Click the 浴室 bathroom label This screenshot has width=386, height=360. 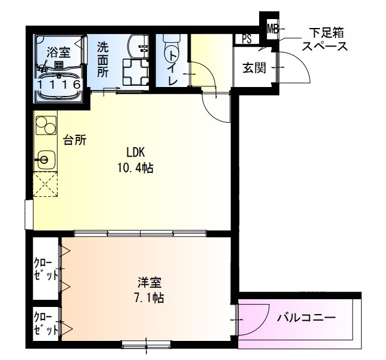pyautogui.click(x=59, y=52)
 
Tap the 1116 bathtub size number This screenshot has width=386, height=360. pyautogui.click(x=59, y=85)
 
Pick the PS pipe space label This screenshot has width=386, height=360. pyautogui.click(x=247, y=39)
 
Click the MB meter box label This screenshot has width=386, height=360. pyautogui.click(x=272, y=29)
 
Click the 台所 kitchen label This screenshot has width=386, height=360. pyautogui.click(x=75, y=141)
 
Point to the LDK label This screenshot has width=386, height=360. pyautogui.click(x=135, y=151)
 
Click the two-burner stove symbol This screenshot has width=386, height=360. pyautogui.click(x=45, y=125)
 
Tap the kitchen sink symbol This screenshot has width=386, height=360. pyautogui.click(x=44, y=159)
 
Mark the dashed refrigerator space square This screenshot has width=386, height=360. pyautogui.click(x=45, y=185)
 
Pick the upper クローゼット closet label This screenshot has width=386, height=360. pyautogui.click(x=46, y=269)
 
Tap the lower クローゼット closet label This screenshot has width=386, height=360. pyautogui.click(x=46, y=322)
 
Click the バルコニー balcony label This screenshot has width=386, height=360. pyautogui.click(x=306, y=317)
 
